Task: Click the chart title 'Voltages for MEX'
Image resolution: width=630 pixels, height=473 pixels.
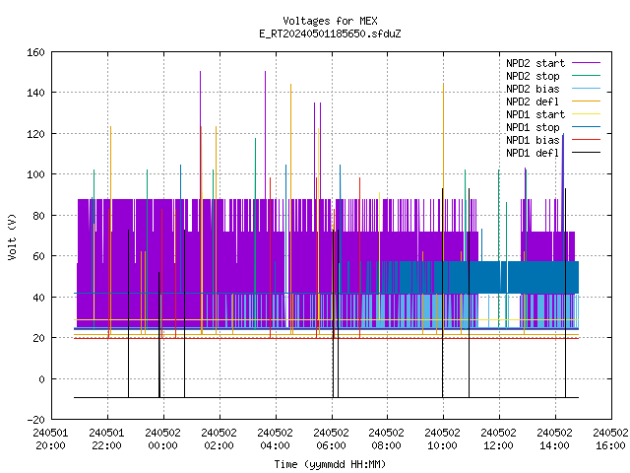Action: tap(330, 21)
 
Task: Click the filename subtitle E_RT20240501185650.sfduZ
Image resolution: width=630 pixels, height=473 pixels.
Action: tap(330, 34)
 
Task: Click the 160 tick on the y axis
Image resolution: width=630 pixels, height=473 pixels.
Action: tap(35, 52)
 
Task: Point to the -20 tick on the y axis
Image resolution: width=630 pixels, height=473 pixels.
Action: tap(35, 420)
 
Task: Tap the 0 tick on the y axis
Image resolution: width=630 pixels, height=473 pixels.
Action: tap(41, 378)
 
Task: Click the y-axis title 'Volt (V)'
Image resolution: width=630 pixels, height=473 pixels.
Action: tap(12, 236)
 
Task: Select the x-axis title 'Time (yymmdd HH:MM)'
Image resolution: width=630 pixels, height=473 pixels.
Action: tap(330, 464)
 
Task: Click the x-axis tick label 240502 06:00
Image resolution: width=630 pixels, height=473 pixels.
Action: tap(331, 439)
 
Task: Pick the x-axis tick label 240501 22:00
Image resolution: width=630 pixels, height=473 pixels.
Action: tap(107, 439)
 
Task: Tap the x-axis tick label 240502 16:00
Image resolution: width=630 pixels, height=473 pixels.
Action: tap(610, 439)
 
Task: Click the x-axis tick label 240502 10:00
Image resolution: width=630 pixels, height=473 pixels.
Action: tap(442, 439)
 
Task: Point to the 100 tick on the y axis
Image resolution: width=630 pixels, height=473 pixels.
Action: tap(35, 174)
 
